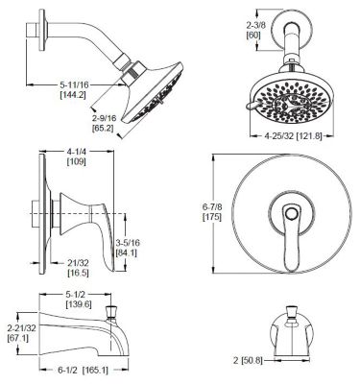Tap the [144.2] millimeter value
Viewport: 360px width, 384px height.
(x=72, y=97)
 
